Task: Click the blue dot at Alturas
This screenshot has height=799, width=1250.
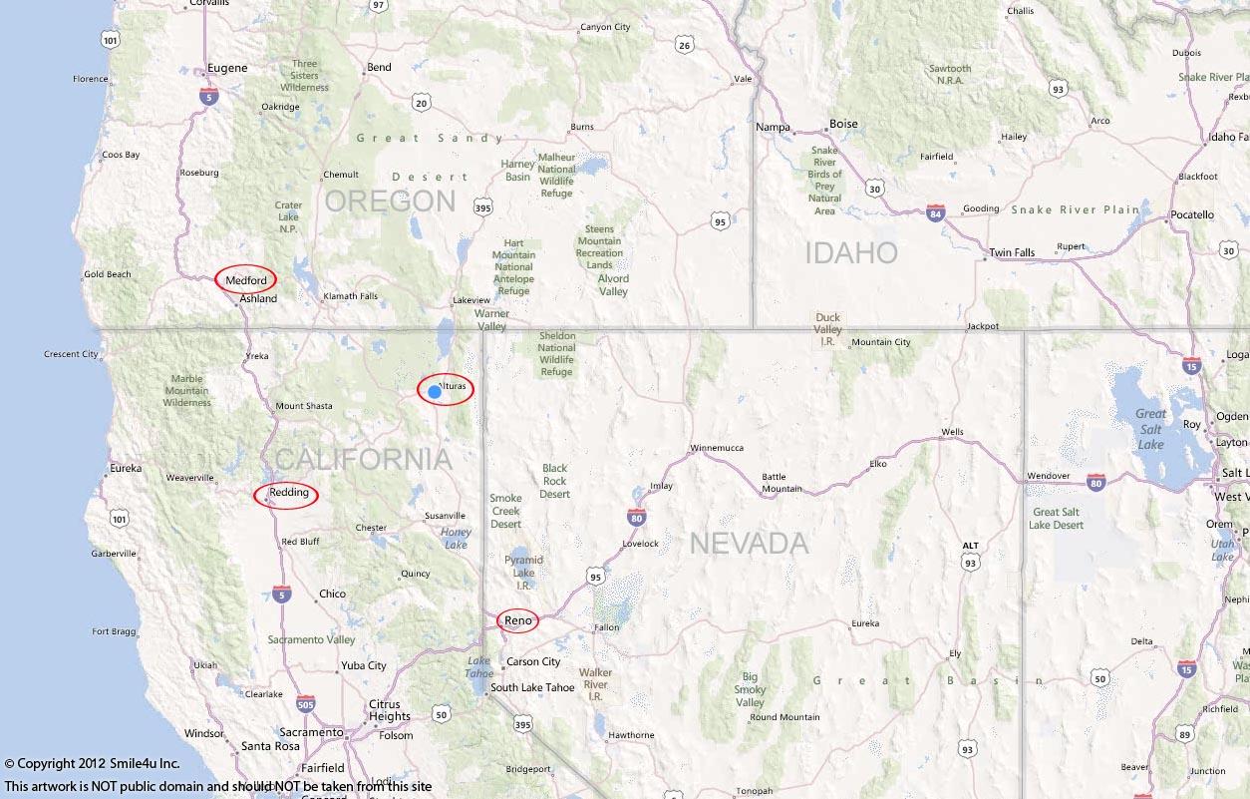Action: tap(435, 392)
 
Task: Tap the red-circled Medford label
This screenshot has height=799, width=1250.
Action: tap(246, 280)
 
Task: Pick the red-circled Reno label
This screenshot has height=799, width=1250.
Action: tap(518, 620)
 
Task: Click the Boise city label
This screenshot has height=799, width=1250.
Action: tap(843, 124)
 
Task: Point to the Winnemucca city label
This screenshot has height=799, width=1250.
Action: tap(717, 448)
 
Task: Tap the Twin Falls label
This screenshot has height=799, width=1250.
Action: tap(1012, 252)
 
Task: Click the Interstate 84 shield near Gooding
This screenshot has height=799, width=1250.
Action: tap(935, 212)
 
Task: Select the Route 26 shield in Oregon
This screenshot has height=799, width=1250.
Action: tap(683, 45)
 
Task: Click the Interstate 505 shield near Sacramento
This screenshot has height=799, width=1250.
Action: tap(306, 704)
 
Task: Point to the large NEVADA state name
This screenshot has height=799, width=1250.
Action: tap(749, 544)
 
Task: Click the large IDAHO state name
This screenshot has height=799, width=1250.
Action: tap(851, 253)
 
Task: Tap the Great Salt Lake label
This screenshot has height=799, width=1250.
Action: tap(1150, 429)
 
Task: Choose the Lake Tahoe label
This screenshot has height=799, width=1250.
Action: tap(479, 667)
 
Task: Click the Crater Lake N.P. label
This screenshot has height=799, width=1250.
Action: tap(287, 217)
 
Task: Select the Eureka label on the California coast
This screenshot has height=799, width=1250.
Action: tap(126, 468)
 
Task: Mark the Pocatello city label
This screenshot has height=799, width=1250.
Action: tap(1192, 214)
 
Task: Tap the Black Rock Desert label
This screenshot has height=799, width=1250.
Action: tap(554, 481)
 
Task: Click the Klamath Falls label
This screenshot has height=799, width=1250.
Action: tap(349, 296)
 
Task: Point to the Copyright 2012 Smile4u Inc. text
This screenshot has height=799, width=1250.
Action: tap(92, 764)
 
